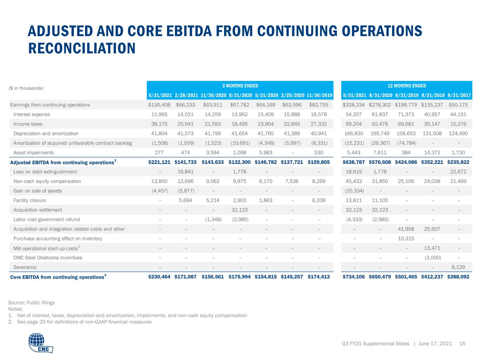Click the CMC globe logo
[x=41, y=342]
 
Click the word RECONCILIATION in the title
[x=82, y=48]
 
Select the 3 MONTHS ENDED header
[x=240, y=86]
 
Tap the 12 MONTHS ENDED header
[x=407, y=86]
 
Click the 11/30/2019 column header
[x=319, y=95]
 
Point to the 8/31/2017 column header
[x=459, y=95]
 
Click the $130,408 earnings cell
[x=159, y=105]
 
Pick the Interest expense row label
[x=32, y=114]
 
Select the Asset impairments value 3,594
[x=212, y=153]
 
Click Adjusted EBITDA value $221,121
[x=159, y=162]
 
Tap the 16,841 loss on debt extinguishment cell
[x=185, y=172]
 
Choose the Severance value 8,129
[x=458, y=267]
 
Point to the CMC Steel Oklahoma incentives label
[x=48, y=258]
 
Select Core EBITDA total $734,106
[x=354, y=277]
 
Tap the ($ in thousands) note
[x=26, y=88]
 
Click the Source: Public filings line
[x=31, y=302]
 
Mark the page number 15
[x=462, y=343]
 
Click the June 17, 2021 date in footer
[x=435, y=343]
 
